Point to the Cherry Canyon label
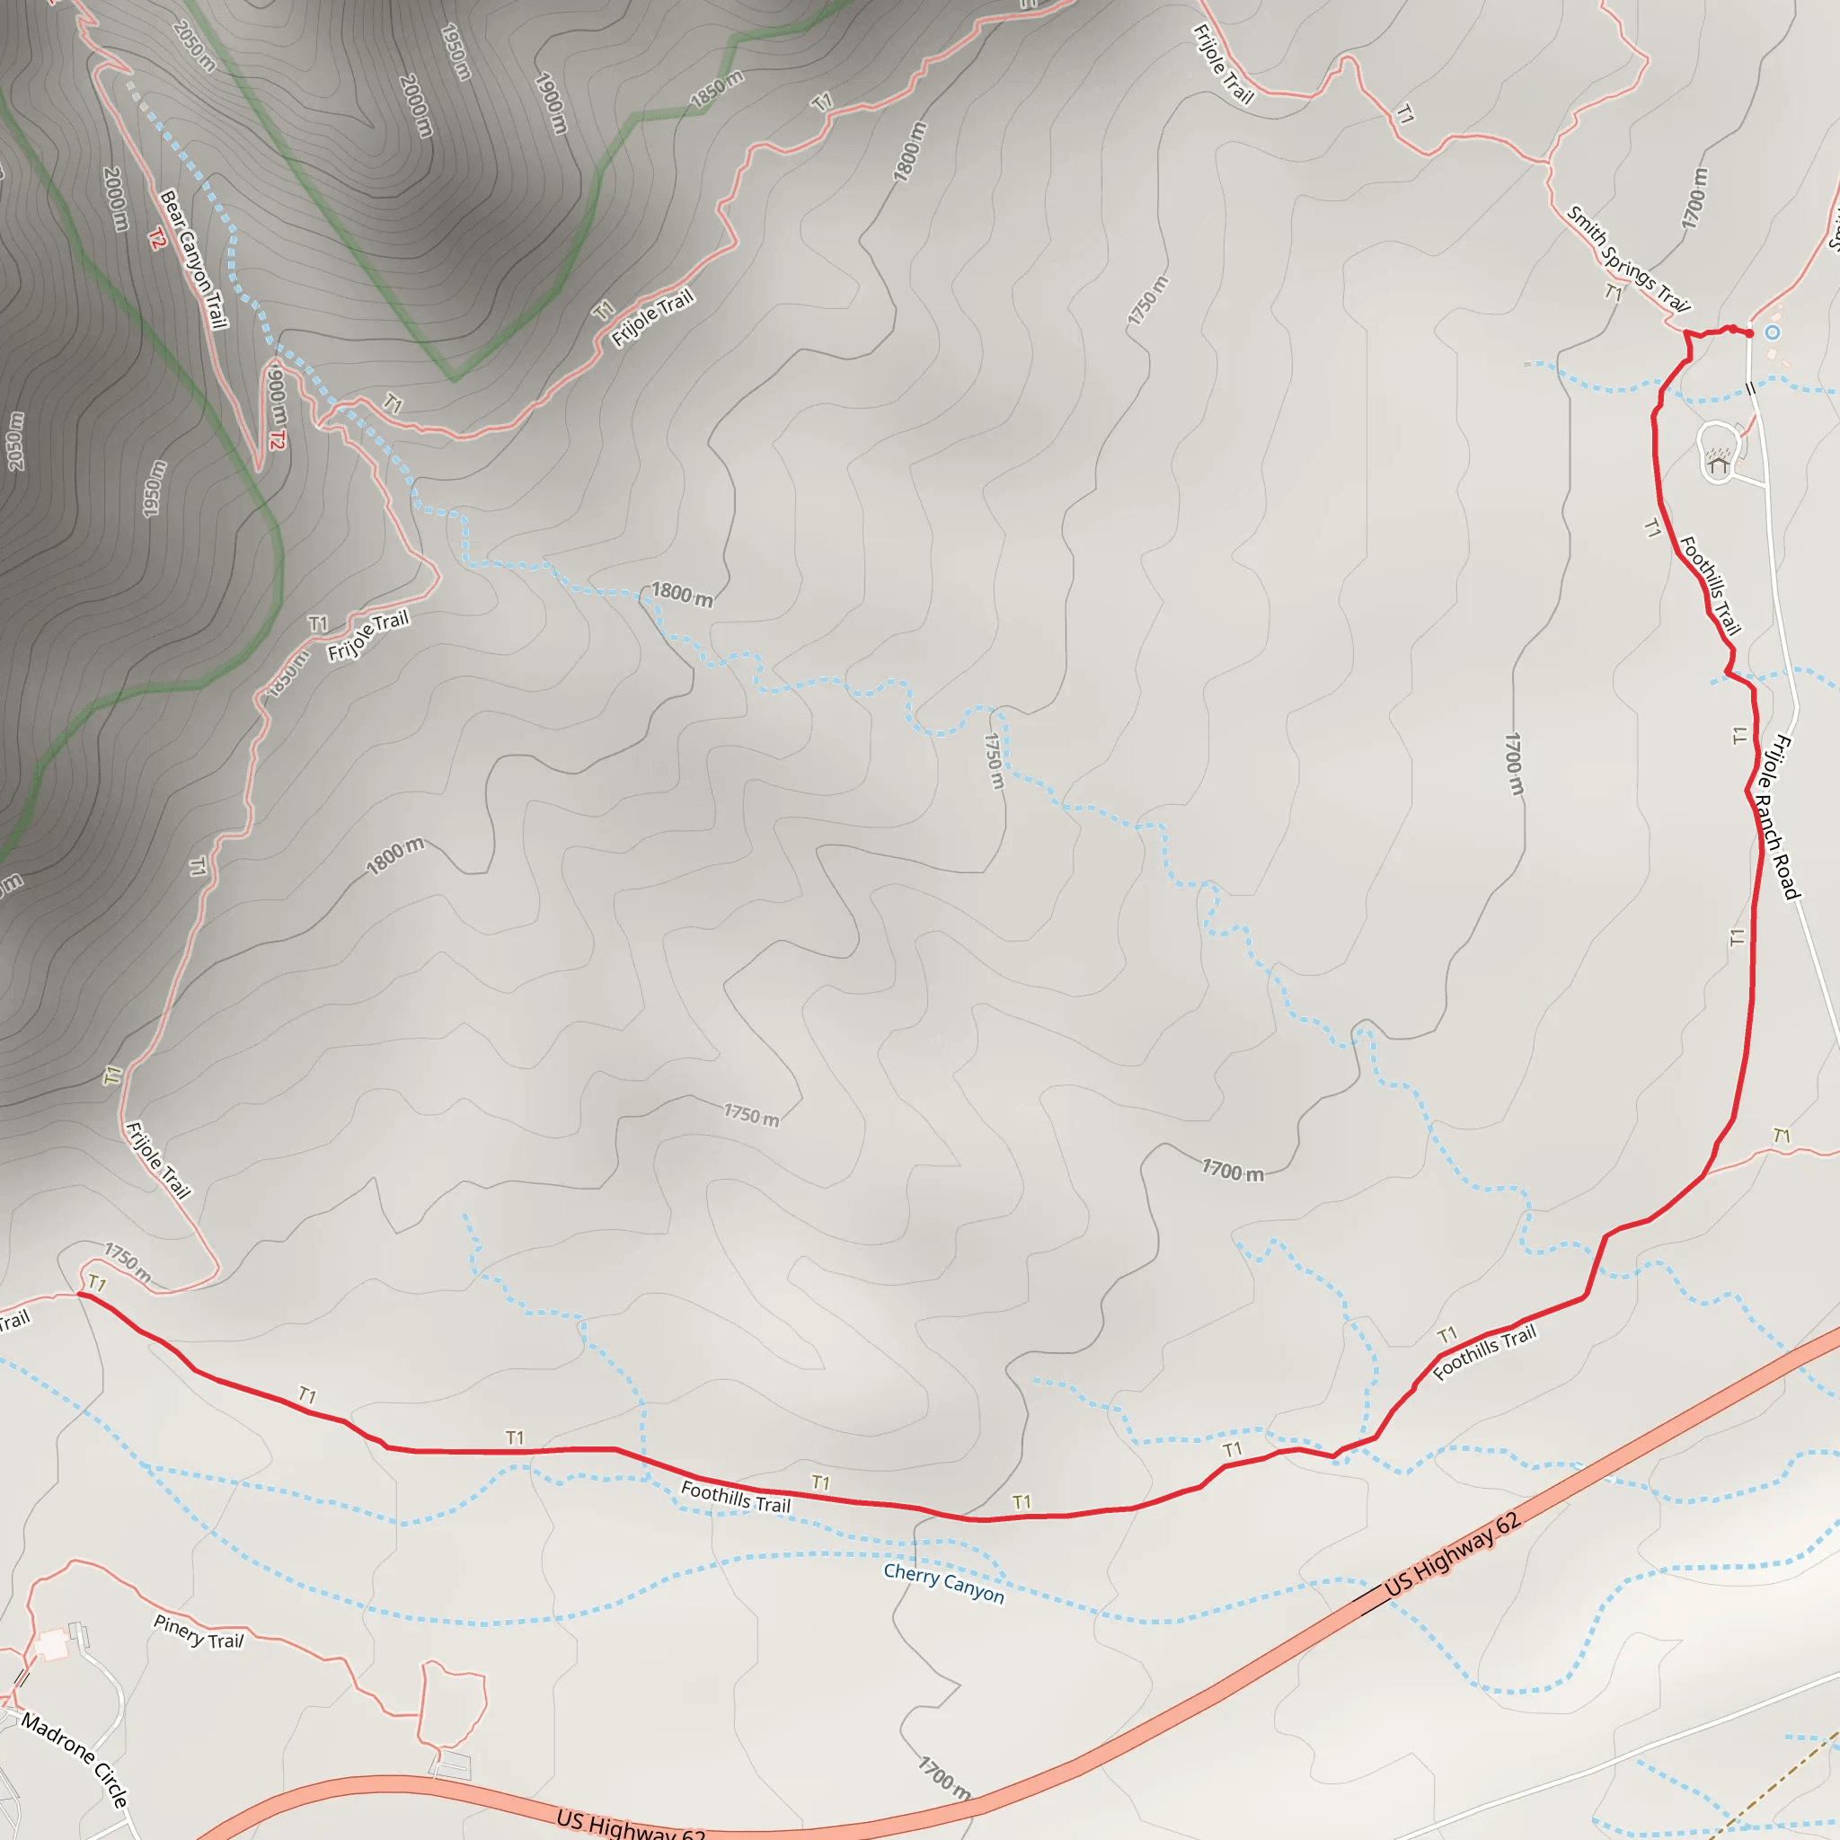tap(942, 1583)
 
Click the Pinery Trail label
tap(198, 1632)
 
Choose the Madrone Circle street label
tap(75, 1760)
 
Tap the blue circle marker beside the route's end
tap(1773, 332)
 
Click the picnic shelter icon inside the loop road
tap(1718, 464)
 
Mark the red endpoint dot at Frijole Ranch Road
tap(1749, 333)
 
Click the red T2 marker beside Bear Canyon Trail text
tap(157, 238)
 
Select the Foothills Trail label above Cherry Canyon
tap(735, 1498)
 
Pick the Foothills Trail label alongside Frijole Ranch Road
tap(1710, 585)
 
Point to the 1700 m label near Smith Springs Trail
tap(1694, 198)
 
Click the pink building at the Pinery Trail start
tap(51, 1645)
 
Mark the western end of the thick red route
tap(80, 1295)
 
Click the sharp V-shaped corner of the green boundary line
tap(454, 380)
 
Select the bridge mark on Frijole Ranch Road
tap(1750, 388)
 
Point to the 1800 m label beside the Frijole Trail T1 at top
tap(908, 152)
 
